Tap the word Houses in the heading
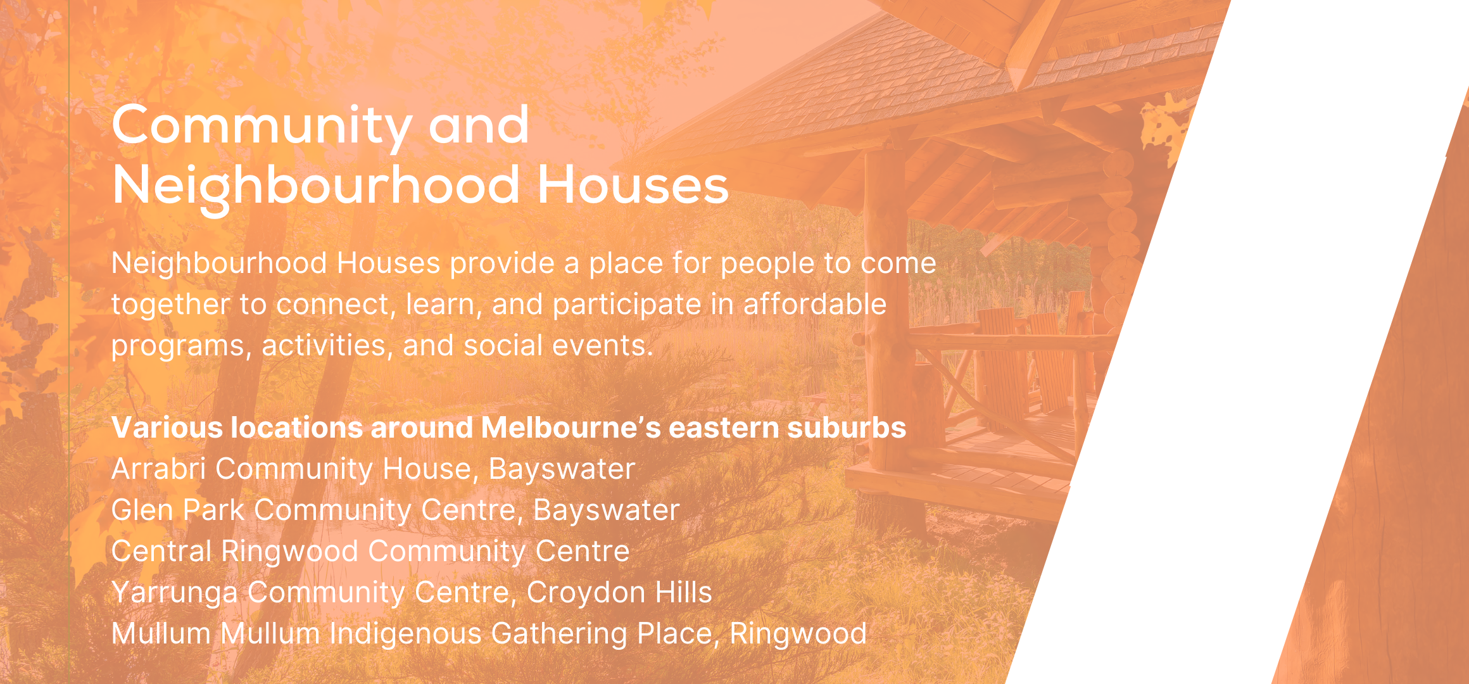633,185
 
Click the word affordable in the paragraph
814,304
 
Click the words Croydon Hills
619,593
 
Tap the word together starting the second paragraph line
170,305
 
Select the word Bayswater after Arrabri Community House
562,469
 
